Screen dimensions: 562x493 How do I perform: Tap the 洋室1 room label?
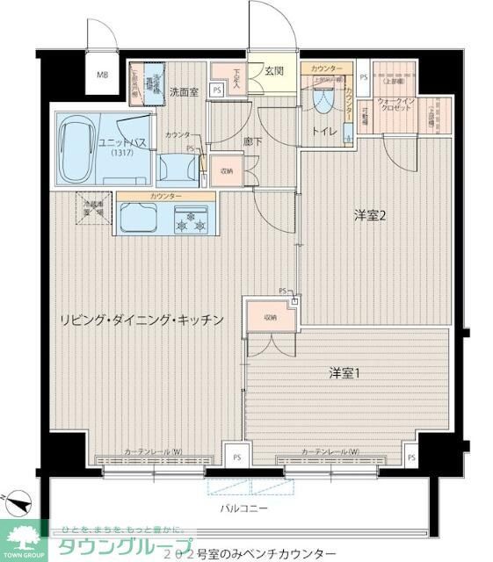point(344,373)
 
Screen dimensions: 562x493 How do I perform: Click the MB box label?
point(103,75)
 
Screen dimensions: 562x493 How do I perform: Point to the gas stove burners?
point(192,223)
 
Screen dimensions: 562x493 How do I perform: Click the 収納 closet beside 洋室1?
point(271,318)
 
